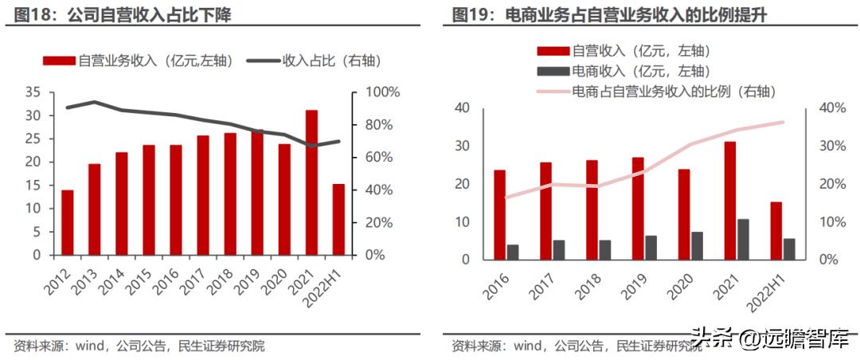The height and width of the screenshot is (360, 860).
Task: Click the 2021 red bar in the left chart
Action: click(311, 182)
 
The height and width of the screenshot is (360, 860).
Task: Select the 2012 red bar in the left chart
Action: click(68, 222)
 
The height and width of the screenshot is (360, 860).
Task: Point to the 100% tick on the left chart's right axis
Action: click(381, 92)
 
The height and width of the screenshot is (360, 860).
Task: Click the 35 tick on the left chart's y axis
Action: click(32, 92)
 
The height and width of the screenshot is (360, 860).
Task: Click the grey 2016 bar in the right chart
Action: click(513, 252)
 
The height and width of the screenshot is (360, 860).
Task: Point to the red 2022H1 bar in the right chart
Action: click(776, 231)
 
